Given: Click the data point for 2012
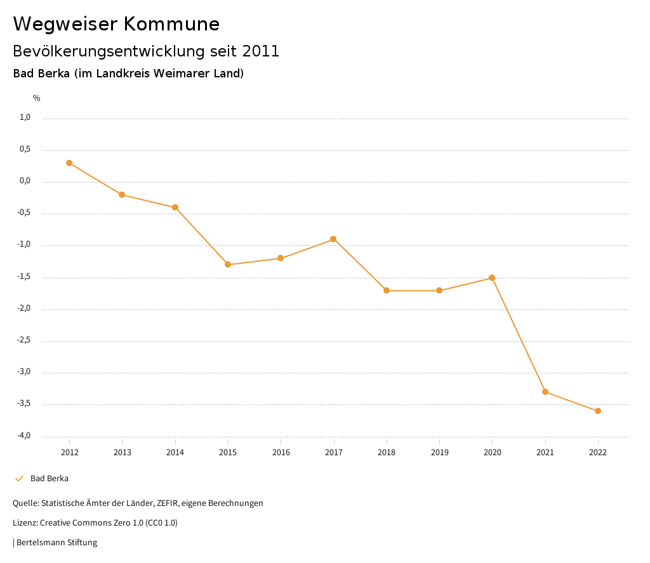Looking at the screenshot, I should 69,163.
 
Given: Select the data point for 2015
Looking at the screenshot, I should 228,264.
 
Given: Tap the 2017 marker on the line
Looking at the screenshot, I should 333,239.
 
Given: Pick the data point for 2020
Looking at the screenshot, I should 492,278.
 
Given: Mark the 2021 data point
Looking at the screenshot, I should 545,392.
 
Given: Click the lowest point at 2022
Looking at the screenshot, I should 598,411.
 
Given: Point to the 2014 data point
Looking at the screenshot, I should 175,207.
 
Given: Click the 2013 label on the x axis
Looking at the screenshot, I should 123,452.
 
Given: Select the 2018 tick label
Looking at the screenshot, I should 387,452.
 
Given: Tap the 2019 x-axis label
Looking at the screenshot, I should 439,452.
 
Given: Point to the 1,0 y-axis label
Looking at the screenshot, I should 25,117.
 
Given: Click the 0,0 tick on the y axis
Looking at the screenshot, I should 25,181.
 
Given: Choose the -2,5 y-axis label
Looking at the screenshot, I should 23,340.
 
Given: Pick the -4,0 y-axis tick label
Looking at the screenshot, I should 23,436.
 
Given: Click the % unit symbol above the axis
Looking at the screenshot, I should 37,98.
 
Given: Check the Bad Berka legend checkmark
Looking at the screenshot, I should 19,479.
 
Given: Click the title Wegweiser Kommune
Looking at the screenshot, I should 116,24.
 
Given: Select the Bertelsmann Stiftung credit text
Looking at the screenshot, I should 56,543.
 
